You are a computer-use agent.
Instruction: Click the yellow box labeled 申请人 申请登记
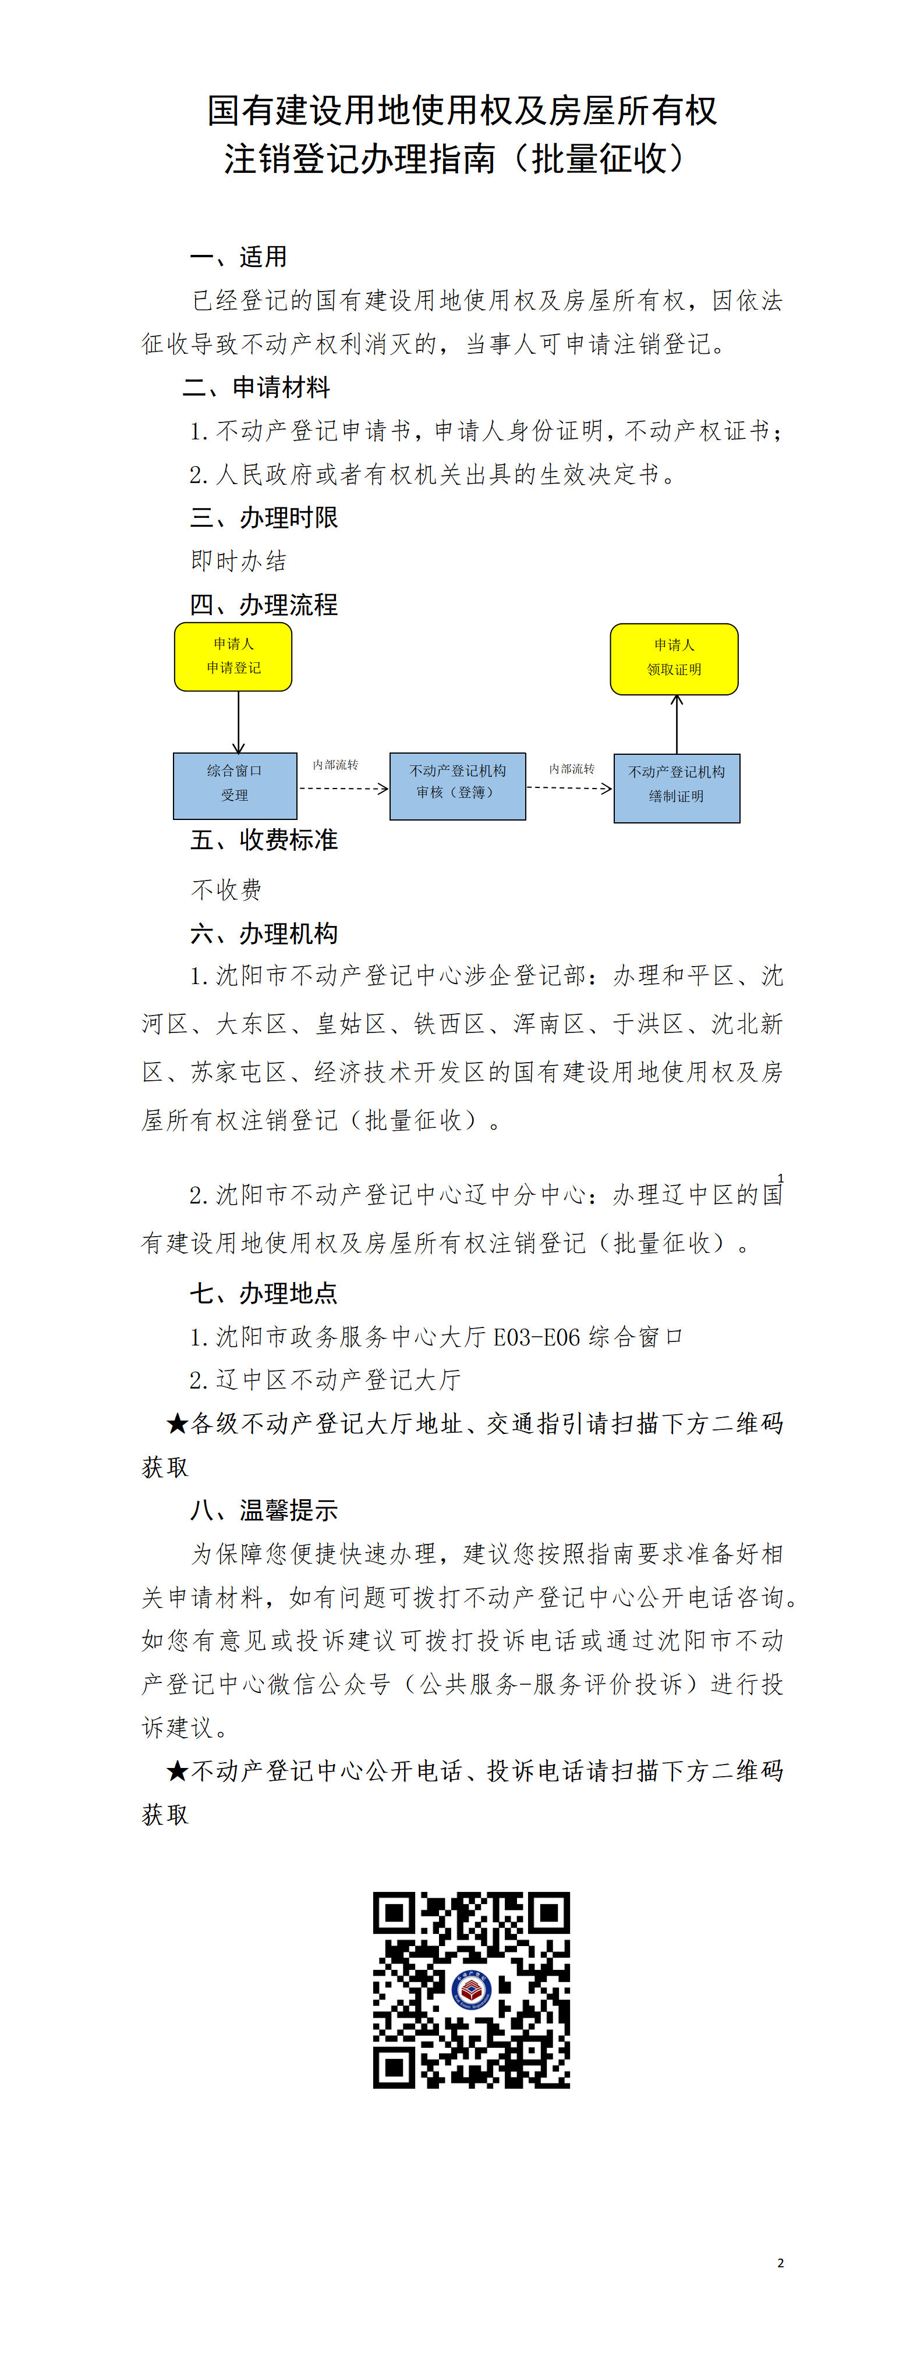233,656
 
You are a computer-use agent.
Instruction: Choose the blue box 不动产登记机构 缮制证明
677,787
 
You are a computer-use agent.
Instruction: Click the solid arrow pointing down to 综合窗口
238,722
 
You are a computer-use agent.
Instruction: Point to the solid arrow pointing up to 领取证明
677,724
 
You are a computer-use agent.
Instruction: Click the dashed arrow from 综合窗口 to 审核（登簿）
343,788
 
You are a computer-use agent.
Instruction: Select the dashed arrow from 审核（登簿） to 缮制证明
569,787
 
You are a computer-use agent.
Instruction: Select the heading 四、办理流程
263,605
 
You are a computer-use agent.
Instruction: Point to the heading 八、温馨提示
263,1510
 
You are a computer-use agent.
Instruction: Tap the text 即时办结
238,561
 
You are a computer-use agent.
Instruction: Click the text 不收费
226,889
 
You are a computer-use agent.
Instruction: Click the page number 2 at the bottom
780,2262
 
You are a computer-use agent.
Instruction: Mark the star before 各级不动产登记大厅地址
177,1423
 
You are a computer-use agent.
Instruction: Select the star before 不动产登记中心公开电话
177,1771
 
